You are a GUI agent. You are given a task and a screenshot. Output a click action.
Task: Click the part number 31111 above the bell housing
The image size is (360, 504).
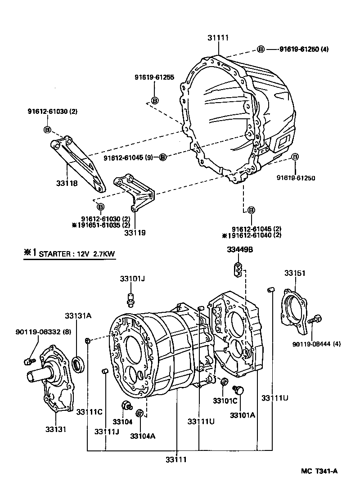(218, 38)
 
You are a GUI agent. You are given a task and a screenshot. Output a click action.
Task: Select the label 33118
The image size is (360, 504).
(67, 183)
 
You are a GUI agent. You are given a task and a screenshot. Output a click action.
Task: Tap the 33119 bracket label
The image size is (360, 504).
(135, 233)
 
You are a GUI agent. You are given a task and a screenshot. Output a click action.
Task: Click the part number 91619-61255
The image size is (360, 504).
(154, 77)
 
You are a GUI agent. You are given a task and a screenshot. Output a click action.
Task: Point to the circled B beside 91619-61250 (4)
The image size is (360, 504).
(261, 49)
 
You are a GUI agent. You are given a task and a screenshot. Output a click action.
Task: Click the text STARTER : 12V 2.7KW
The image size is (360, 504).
(76, 254)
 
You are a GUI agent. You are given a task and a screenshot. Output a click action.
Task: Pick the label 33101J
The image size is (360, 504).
(132, 279)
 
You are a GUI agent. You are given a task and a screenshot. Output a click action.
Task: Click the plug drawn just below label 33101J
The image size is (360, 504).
(130, 299)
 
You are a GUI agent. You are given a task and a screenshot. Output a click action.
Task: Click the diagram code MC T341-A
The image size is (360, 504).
(319, 471)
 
